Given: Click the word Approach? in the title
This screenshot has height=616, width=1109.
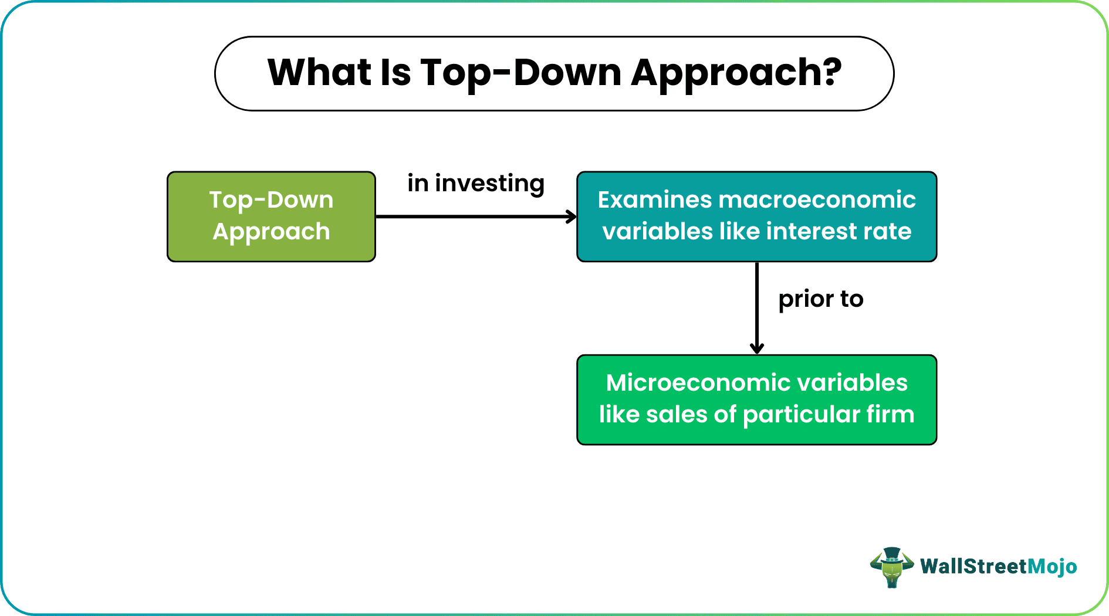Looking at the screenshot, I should coord(736,74).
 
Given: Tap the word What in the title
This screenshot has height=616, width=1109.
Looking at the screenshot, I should coord(319,73).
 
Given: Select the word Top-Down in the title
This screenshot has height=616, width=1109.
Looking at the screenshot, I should coord(520,73).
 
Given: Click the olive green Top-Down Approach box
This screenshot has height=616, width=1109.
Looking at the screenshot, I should coord(271,216).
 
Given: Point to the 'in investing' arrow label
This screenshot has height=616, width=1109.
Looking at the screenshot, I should coord(476,184).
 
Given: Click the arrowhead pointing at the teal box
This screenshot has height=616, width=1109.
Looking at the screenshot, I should coord(572,216).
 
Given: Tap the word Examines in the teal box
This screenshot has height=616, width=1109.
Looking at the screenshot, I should coord(654,200).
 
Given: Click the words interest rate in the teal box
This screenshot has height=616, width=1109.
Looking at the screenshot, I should coord(838,231).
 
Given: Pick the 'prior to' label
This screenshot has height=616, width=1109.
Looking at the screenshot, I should coord(820,299).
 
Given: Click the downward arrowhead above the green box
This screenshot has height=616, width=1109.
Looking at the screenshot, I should coord(757,348).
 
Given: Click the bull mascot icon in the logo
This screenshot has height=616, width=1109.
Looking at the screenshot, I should coord(891,567).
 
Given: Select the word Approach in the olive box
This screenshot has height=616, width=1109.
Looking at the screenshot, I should coord(271,232).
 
